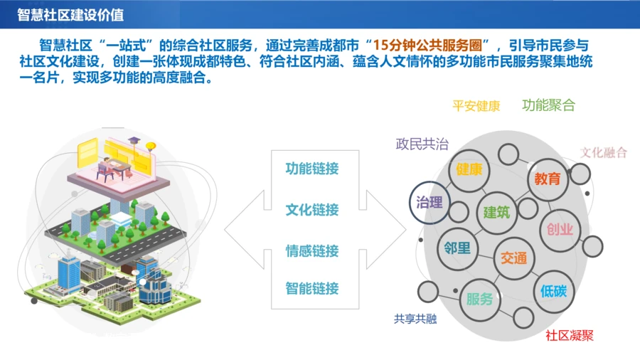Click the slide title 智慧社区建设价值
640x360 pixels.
(70, 15)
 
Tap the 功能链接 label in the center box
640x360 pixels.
(312, 169)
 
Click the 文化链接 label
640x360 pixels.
(312, 210)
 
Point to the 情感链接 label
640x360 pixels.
(312, 250)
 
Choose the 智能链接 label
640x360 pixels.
(312, 289)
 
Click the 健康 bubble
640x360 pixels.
(469, 170)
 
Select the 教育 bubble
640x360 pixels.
(548, 179)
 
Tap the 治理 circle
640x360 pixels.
(429, 203)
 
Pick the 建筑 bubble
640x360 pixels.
(497, 213)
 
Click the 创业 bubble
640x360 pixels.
(560, 230)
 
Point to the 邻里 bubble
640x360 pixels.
(457, 248)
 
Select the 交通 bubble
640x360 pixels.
(514, 258)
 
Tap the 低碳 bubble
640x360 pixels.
(554, 292)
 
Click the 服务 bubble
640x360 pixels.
(480, 300)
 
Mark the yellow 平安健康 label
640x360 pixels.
(476, 106)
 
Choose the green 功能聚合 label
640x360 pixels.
(548, 105)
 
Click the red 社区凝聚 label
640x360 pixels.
(570, 336)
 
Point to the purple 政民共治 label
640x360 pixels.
(422, 144)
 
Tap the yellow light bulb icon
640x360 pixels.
(151, 146)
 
